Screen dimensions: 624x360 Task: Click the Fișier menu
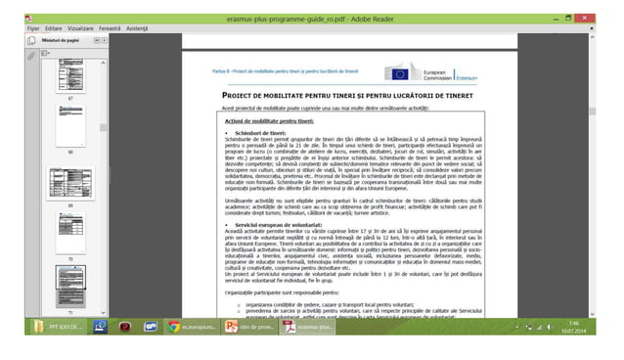pyautogui.click(x=32, y=28)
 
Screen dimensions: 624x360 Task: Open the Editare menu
pyautogui.click(x=53, y=28)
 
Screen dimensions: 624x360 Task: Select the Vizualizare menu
pyautogui.click(x=81, y=28)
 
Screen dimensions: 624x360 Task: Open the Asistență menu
pyautogui.click(x=139, y=28)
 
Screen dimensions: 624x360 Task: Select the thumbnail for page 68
pyautogui.click(x=70, y=125)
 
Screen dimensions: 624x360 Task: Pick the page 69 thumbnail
pyautogui.click(x=70, y=184)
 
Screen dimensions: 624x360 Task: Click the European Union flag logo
pyautogui.click(x=399, y=73)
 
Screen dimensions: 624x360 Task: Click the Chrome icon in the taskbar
pyautogui.click(x=174, y=327)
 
